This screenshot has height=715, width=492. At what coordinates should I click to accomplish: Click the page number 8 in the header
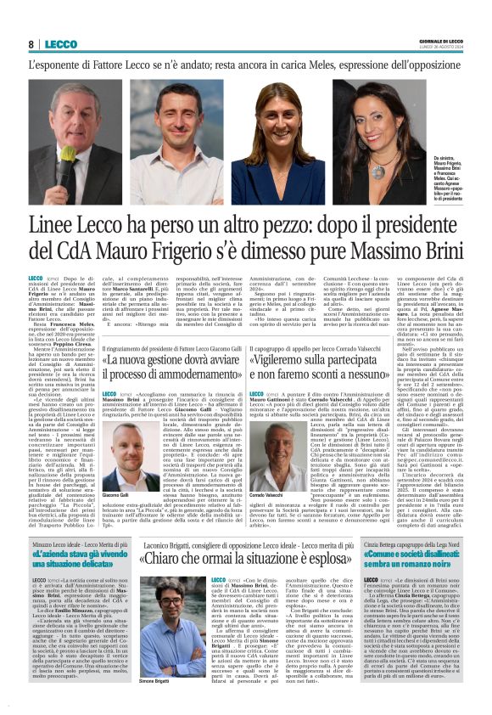[31, 44]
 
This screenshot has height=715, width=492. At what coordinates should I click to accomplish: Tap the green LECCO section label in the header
[61, 44]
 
